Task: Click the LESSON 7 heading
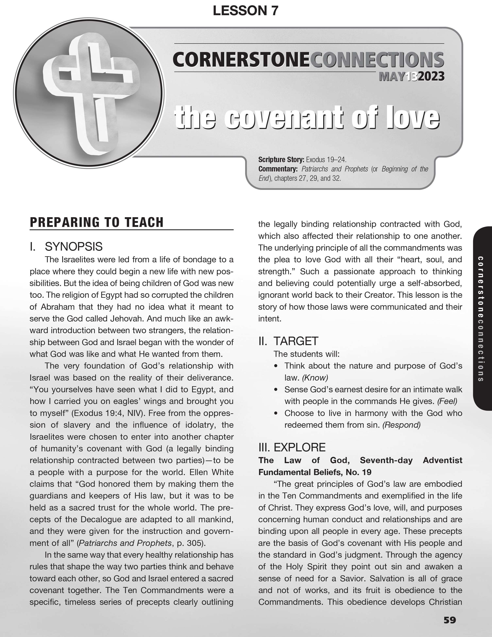245,11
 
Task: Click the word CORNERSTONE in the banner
241,60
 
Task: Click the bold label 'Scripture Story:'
281,160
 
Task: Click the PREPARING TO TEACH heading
97,222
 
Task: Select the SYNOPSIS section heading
73,247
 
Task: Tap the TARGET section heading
296,341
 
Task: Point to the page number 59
449,620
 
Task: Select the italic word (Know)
315,378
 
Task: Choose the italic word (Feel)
447,401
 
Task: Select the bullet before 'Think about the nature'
276,366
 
